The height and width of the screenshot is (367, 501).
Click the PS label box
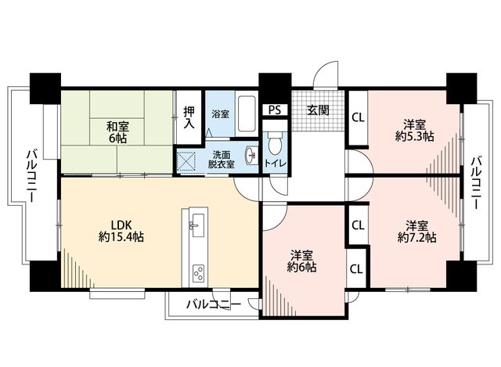(x=275, y=110)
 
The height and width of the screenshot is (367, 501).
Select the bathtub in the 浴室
(x=247, y=113)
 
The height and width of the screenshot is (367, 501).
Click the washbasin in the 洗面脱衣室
(x=251, y=156)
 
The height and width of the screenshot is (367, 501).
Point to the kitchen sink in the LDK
(x=196, y=225)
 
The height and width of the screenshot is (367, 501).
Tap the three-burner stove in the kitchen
(x=198, y=273)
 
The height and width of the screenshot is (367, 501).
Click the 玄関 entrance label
(x=318, y=110)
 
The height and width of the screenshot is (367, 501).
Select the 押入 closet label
(x=189, y=117)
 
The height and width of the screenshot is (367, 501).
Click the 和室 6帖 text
(x=117, y=132)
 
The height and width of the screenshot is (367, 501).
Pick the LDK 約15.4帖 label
(x=121, y=232)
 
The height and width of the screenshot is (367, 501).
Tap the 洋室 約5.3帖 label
(x=414, y=130)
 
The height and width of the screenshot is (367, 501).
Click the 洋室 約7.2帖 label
(x=417, y=232)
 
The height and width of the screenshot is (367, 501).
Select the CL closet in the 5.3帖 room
(x=358, y=118)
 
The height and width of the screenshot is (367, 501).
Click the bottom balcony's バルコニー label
(x=214, y=304)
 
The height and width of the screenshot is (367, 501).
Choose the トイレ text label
(x=275, y=164)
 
